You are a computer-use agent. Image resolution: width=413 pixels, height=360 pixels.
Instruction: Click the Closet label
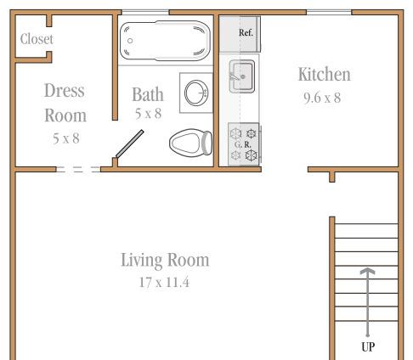(x=37, y=39)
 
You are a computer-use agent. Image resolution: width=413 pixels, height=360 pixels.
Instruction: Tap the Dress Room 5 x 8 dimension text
(x=66, y=138)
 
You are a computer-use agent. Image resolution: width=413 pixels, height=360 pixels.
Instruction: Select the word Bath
(x=148, y=94)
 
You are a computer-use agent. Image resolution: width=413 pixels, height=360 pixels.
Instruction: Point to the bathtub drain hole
(x=130, y=41)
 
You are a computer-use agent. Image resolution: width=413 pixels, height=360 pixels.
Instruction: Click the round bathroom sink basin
(x=196, y=93)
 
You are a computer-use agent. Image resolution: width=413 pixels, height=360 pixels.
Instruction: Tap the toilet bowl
(x=185, y=143)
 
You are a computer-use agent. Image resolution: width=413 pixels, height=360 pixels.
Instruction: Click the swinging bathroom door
(x=130, y=143)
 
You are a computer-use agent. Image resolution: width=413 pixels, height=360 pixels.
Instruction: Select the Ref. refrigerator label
(x=246, y=33)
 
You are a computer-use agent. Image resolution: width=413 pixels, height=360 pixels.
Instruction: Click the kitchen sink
(x=242, y=76)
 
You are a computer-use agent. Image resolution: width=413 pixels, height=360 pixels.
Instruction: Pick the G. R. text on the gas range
(x=243, y=144)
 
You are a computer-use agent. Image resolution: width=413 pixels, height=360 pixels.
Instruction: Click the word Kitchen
(x=325, y=75)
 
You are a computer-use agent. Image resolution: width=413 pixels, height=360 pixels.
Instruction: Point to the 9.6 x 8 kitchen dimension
(x=322, y=98)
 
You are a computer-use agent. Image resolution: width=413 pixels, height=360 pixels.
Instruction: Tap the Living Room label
(x=165, y=260)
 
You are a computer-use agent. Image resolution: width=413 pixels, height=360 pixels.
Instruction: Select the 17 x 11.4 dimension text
(x=164, y=283)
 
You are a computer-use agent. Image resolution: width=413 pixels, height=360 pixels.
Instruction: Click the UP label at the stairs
(x=368, y=346)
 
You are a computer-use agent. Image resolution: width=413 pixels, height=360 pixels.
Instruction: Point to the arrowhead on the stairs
(x=367, y=271)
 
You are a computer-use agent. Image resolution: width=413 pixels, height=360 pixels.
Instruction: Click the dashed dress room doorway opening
(x=78, y=169)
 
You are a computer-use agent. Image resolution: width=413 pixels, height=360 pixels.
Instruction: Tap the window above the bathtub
(x=145, y=13)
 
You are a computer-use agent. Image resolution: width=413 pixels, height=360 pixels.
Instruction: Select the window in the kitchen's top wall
(x=329, y=13)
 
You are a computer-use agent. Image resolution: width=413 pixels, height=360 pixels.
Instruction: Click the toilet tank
(x=207, y=143)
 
